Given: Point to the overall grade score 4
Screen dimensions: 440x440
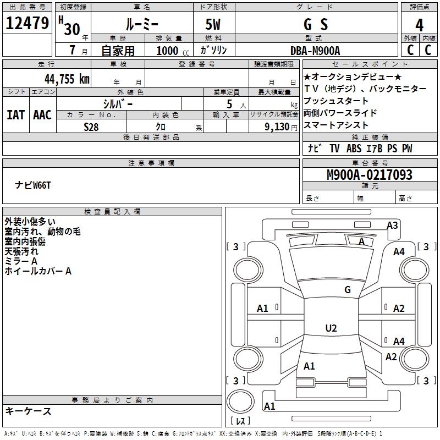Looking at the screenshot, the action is point(420,25).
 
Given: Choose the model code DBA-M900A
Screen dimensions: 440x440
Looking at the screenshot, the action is point(315,51).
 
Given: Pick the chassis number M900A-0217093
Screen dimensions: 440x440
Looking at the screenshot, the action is point(369,175).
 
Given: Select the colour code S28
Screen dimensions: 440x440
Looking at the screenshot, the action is point(91,127).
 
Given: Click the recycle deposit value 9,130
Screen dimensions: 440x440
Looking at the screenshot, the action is point(275,127).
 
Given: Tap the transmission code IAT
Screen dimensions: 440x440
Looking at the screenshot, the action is point(15,115).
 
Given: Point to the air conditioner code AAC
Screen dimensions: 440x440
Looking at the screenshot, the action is point(42,115).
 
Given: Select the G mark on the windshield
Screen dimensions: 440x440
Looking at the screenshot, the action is point(347,289).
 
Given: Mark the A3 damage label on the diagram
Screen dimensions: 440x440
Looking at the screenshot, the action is point(392,225).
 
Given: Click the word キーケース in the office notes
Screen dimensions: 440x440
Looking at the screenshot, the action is point(28,411).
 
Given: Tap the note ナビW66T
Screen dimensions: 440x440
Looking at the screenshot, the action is point(32,185).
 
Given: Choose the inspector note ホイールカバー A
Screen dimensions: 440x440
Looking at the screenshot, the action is point(38,271).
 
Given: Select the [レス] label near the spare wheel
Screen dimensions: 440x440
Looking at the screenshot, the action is point(240,421).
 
